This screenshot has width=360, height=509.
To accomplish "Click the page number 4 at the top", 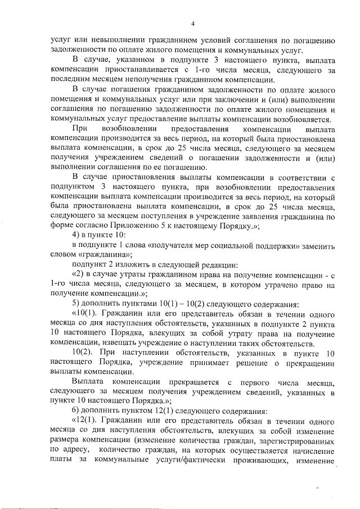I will coord(192,24).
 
